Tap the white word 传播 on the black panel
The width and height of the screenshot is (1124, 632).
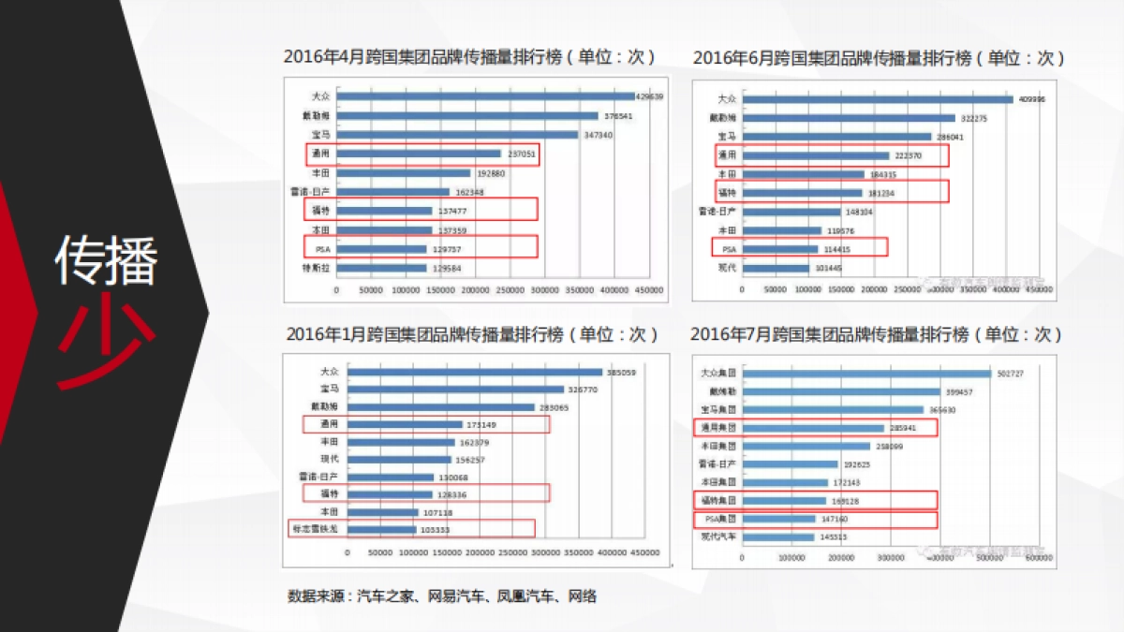point(105,259)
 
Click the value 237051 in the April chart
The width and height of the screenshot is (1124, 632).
point(521,154)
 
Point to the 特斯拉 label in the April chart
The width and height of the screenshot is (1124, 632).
point(319,268)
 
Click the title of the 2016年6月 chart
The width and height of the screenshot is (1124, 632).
point(879,58)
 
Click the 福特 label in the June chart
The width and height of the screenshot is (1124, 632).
point(726,193)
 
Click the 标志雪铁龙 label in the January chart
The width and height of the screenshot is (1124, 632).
point(318,530)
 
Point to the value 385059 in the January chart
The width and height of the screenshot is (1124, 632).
point(621,372)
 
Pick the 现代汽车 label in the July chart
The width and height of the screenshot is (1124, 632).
point(718,537)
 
